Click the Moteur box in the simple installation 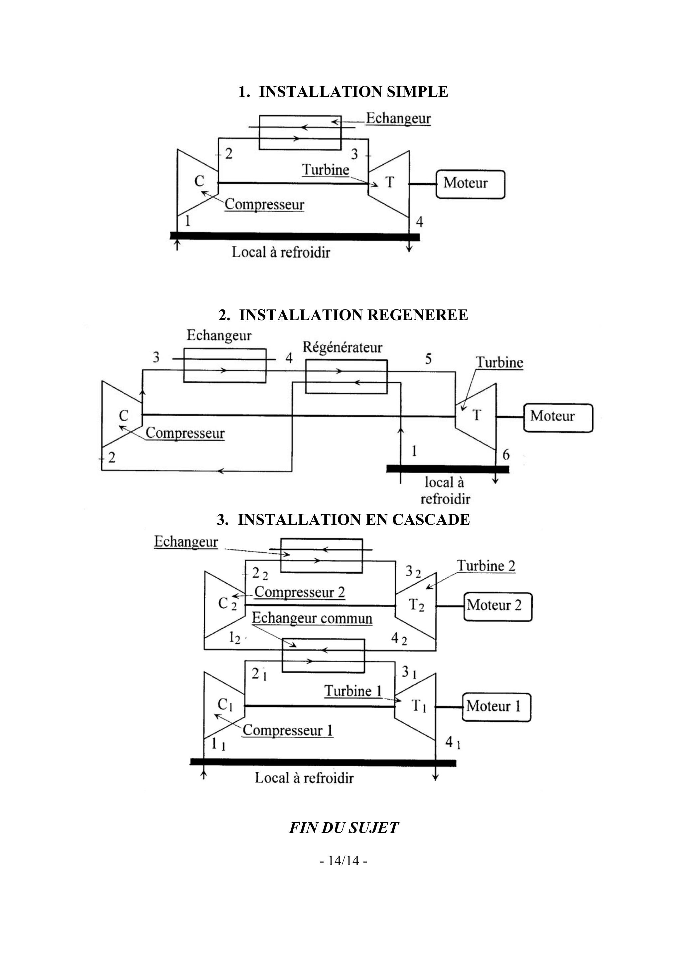point(470,184)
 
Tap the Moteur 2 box point(498,606)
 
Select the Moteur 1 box point(496,706)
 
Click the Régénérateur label point(342,347)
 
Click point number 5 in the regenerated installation point(428,359)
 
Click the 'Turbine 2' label point(486,566)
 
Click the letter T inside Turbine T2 point(414,604)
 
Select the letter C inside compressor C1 point(223,703)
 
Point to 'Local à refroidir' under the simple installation point(280,253)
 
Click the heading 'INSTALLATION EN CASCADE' point(343,519)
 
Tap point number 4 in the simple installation point(419,221)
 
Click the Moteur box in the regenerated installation point(558,417)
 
